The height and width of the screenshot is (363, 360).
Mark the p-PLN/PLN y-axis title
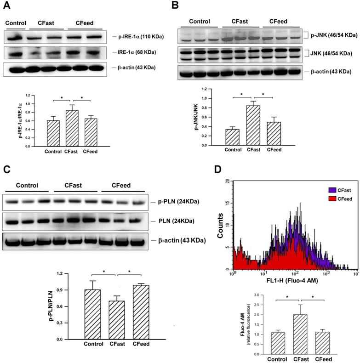69,305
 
